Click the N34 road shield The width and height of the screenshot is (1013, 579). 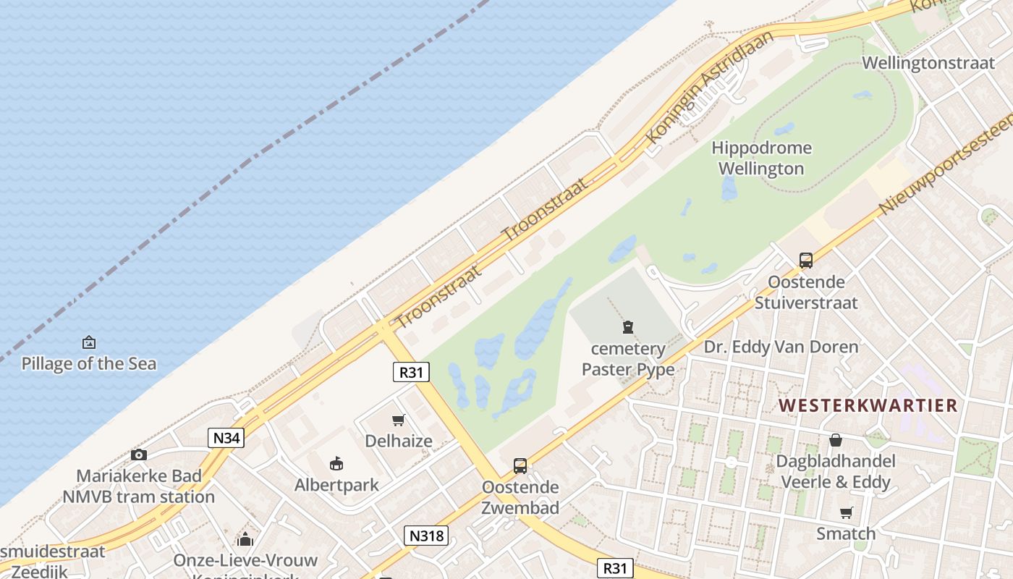click(x=226, y=437)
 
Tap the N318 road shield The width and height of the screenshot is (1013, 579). click(x=426, y=536)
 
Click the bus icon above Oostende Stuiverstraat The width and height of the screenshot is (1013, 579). click(x=805, y=261)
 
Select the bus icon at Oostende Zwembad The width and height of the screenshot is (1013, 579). click(x=520, y=466)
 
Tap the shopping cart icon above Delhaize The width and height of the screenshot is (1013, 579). click(x=398, y=420)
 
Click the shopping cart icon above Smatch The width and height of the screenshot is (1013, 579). click(x=846, y=513)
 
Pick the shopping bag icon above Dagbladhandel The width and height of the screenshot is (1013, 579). click(x=836, y=440)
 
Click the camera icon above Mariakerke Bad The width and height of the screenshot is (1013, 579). click(x=139, y=455)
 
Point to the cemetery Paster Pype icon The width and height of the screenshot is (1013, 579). click(x=628, y=328)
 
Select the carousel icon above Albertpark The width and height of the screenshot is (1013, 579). click(x=336, y=463)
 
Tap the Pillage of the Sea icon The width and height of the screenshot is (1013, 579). click(x=89, y=342)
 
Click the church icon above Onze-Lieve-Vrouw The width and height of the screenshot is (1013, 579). click(x=245, y=539)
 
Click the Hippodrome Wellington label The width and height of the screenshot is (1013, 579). click(x=761, y=159)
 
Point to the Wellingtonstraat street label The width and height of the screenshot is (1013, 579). click(x=928, y=63)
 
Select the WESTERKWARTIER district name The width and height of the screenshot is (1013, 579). click(x=868, y=405)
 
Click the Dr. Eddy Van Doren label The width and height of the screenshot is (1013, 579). click(x=781, y=347)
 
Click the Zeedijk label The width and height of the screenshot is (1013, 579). click(x=40, y=571)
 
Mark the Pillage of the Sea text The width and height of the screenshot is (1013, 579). click(x=89, y=363)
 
